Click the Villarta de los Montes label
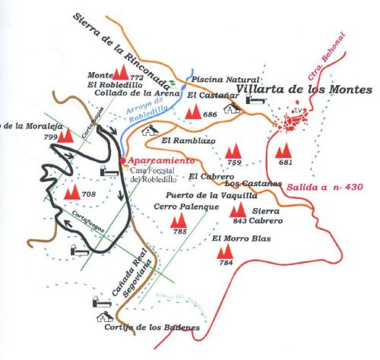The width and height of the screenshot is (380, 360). [x=303, y=90]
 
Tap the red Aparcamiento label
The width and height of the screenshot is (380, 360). [x=161, y=161]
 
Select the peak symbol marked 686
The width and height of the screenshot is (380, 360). [x=193, y=112]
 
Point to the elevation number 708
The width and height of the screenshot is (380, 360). [x=89, y=195]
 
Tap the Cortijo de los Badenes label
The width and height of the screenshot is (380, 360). [x=153, y=327]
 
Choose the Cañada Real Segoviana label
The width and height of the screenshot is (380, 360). [x=140, y=277]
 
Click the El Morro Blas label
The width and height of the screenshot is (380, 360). [x=239, y=239]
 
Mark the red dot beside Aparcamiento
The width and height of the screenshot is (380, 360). [x=122, y=161]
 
